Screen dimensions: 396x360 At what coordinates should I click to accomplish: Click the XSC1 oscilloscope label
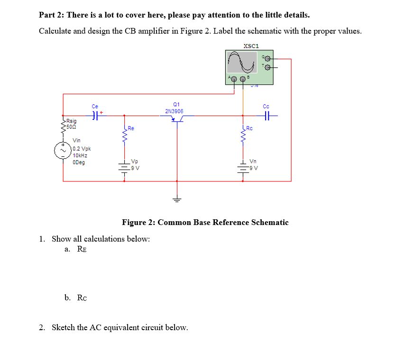[251, 46]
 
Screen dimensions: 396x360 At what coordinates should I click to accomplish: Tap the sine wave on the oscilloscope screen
[242, 61]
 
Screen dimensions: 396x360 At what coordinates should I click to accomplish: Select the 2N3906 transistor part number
[175, 111]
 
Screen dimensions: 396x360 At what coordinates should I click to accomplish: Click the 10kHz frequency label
[80, 155]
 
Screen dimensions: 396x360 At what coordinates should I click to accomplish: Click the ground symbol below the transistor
[177, 198]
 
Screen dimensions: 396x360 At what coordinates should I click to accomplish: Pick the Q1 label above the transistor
[176, 104]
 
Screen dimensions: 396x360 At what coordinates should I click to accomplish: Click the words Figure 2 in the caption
[138, 222]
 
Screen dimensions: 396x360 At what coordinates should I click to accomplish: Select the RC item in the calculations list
[82, 297]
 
